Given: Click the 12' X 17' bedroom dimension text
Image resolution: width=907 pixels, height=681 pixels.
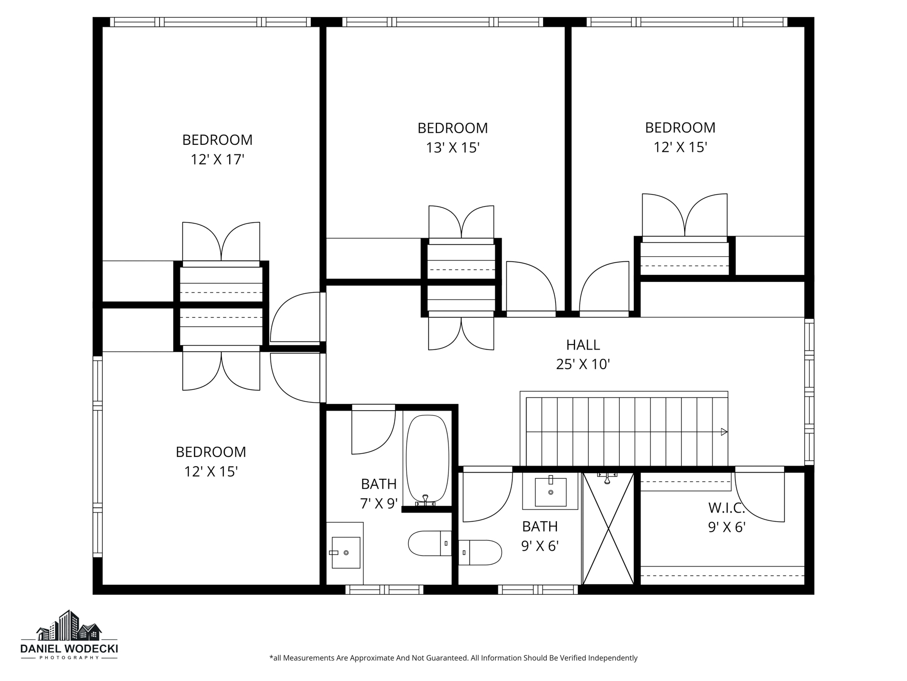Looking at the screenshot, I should click(x=217, y=160).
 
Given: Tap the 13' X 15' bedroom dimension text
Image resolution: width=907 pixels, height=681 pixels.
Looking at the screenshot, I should click(x=452, y=148).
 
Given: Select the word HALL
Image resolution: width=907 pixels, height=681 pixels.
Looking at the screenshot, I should click(x=583, y=345).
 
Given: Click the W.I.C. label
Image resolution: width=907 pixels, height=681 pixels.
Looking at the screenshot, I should click(x=726, y=507).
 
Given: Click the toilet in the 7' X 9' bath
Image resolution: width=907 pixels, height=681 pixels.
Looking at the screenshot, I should click(x=429, y=543).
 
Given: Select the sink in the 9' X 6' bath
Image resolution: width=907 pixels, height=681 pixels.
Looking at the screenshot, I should click(x=550, y=491).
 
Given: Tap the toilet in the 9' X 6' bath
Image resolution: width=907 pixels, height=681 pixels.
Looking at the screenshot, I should click(x=481, y=552).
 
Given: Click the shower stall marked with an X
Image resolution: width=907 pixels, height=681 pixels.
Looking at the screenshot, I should click(x=608, y=529).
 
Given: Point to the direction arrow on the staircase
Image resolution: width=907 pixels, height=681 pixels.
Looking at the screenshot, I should click(x=724, y=432).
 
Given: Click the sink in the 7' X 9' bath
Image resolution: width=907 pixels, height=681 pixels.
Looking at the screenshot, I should click(x=346, y=553).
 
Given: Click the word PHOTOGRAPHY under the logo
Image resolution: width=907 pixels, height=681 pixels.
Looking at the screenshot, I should click(x=69, y=658).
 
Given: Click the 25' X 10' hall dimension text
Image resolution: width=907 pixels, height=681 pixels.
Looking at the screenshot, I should click(x=583, y=364).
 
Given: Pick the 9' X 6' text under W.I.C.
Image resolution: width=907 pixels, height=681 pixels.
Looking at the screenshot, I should click(x=726, y=527).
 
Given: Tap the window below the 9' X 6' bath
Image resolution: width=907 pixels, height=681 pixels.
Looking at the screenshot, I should click(x=538, y=590).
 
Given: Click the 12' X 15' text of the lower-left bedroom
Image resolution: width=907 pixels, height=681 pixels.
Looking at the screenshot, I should click(x=211, y=472).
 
